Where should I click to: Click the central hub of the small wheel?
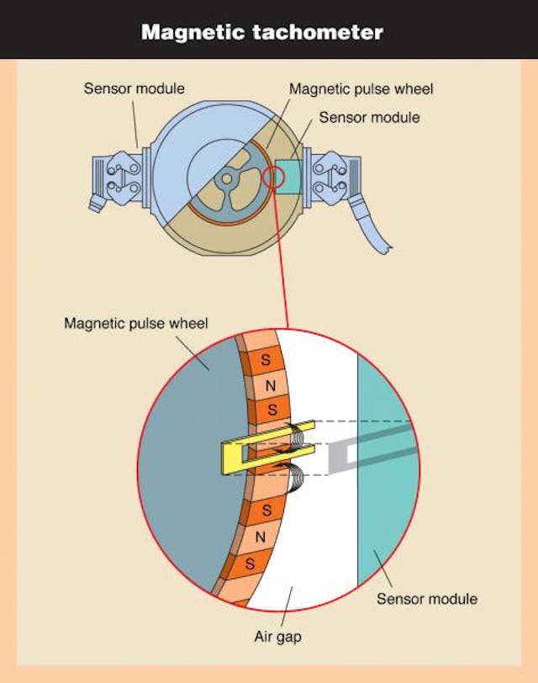click(226, 179)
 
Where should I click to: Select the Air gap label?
click(277, 637)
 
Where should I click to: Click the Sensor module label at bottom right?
click(426, 599)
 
